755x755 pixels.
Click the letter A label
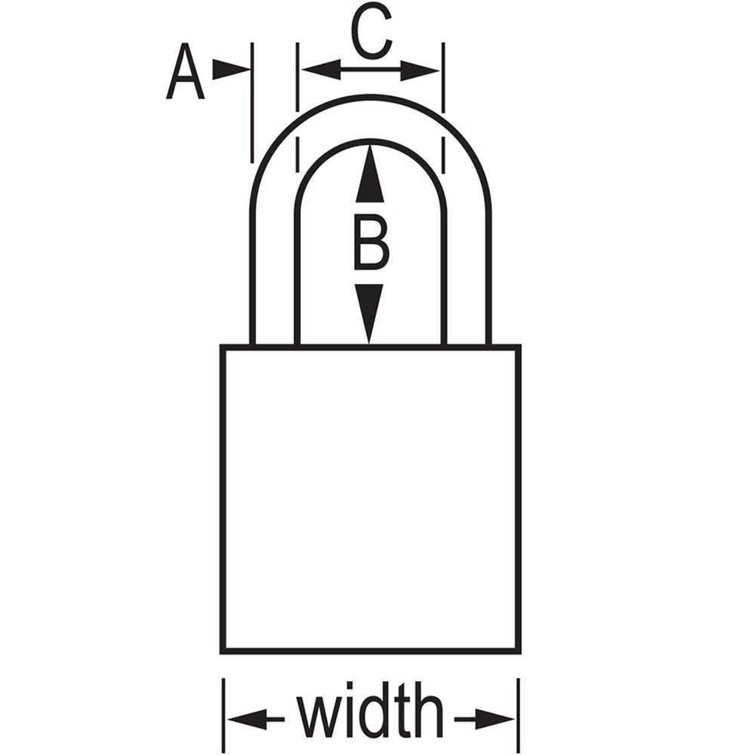click(x=186, y=72)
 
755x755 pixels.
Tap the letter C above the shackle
click(x=371, y=32)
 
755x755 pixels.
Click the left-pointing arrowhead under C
click(x=321, y=69)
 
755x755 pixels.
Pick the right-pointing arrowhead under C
click(x=420, y=70)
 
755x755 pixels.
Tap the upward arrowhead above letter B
click(x=370, y=174)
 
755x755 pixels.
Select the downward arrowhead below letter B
click(x=369, y=314)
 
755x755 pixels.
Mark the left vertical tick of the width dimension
click(x=223, y=716)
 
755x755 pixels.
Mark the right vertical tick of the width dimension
click(x=519, y=716)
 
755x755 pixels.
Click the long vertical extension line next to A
click(x=252, y=103)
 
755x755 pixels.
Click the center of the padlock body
click(x=371, y=499)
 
